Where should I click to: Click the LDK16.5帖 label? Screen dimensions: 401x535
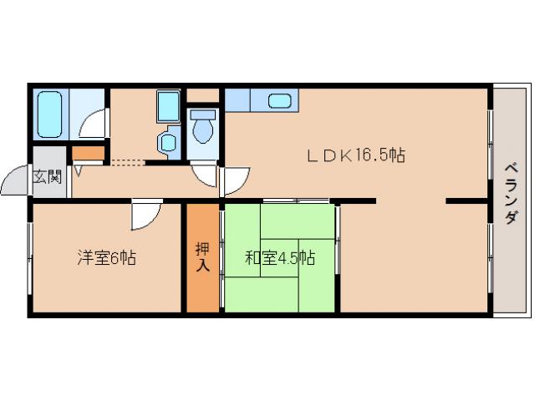354,155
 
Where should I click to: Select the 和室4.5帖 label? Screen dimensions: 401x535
279,258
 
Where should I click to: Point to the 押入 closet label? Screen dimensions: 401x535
202,256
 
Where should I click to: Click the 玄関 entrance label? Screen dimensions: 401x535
47,176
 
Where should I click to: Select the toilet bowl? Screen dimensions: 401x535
202,129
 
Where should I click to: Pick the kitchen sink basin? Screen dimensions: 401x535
279,101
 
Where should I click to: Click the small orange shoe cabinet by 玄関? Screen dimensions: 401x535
89,153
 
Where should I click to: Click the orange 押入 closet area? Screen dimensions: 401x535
202,276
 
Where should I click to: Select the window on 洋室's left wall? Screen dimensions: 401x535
30,259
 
